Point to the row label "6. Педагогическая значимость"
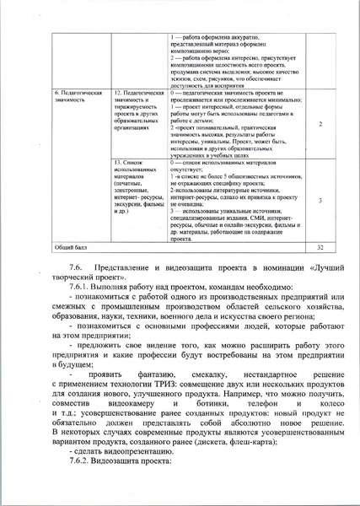(78, 94)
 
